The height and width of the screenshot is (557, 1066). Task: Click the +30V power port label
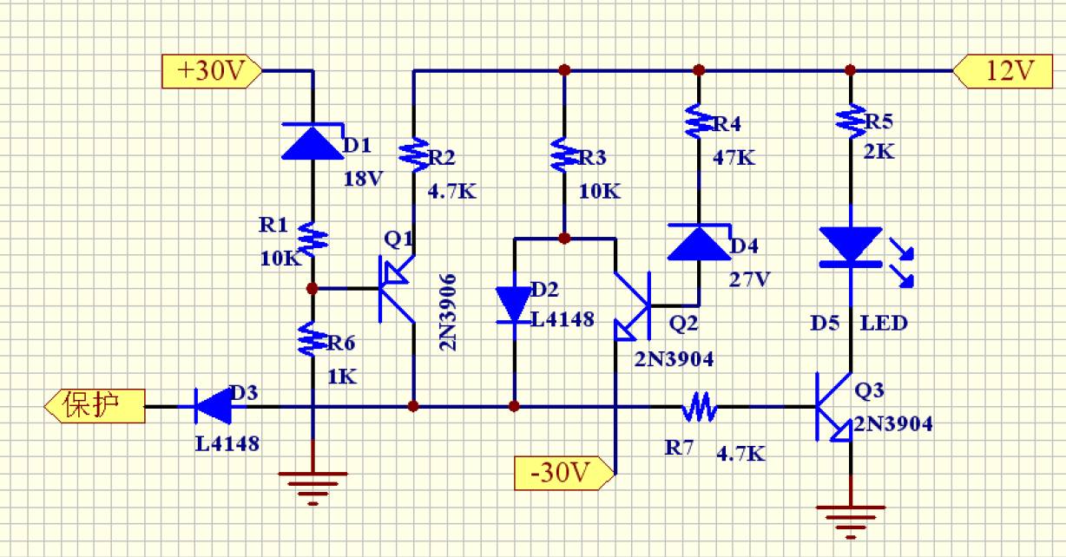point(211,71)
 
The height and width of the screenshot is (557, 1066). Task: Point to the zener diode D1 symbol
point(313,142)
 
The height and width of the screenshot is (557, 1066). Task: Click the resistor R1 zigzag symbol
point(313,237)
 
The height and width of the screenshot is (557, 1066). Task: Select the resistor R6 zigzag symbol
point(313,339)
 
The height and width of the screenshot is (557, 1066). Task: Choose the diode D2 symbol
point(514,305)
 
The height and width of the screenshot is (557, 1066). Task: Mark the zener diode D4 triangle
point(699,242)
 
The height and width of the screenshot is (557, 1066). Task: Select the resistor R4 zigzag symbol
point(699,121)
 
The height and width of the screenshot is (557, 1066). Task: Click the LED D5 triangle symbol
point(851,244)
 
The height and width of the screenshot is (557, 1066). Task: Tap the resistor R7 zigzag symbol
point(699,406)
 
